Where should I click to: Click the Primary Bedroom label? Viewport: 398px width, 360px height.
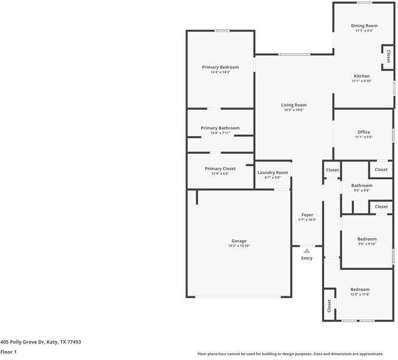pyautogui.click(x=220, y=67)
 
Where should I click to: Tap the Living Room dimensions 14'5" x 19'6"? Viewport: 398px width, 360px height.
pyautogui.click(x=294, y=110)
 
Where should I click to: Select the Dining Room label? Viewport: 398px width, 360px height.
pyautogui.click(x=364, y=26)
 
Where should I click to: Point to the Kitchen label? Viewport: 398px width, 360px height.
pyautogui.click(x=361, y=76)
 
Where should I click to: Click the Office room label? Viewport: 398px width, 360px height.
pyautogui.click(x=363, y=132)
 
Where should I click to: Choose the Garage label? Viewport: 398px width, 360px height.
pyautogui.click(x=239, y=241)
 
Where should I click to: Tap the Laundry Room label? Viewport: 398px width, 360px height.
pyautogui.click(x=273, y=173)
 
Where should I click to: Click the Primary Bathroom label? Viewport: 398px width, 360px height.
pyautogui.click(x=220, y=128)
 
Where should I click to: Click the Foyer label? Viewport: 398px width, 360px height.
pyautogui.click(x=307, y=215)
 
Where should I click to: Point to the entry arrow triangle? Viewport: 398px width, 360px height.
pyautogui.click(x=307, y=251)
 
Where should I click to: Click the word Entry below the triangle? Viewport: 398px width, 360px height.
pyautogui.click(x=307, y=259)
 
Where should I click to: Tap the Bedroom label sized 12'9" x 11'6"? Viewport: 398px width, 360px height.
pyautogui.click(x=360, y=289)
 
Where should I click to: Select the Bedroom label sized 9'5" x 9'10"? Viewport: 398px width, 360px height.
pyautogui.click(x=367, y=239)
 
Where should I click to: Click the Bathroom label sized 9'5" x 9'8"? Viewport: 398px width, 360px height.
pyautogui.click(x=361, y=185)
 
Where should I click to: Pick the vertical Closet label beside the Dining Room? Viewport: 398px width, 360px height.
pyautogui.click(x=388, y=57)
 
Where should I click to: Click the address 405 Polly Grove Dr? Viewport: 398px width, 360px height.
pyautogui.click(x=40, y=342)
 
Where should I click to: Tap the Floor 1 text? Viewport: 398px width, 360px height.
pyautogui.click(x=8, y=352)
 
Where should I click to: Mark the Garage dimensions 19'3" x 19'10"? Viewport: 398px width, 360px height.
pyautogui.click(x=239, y=246)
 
